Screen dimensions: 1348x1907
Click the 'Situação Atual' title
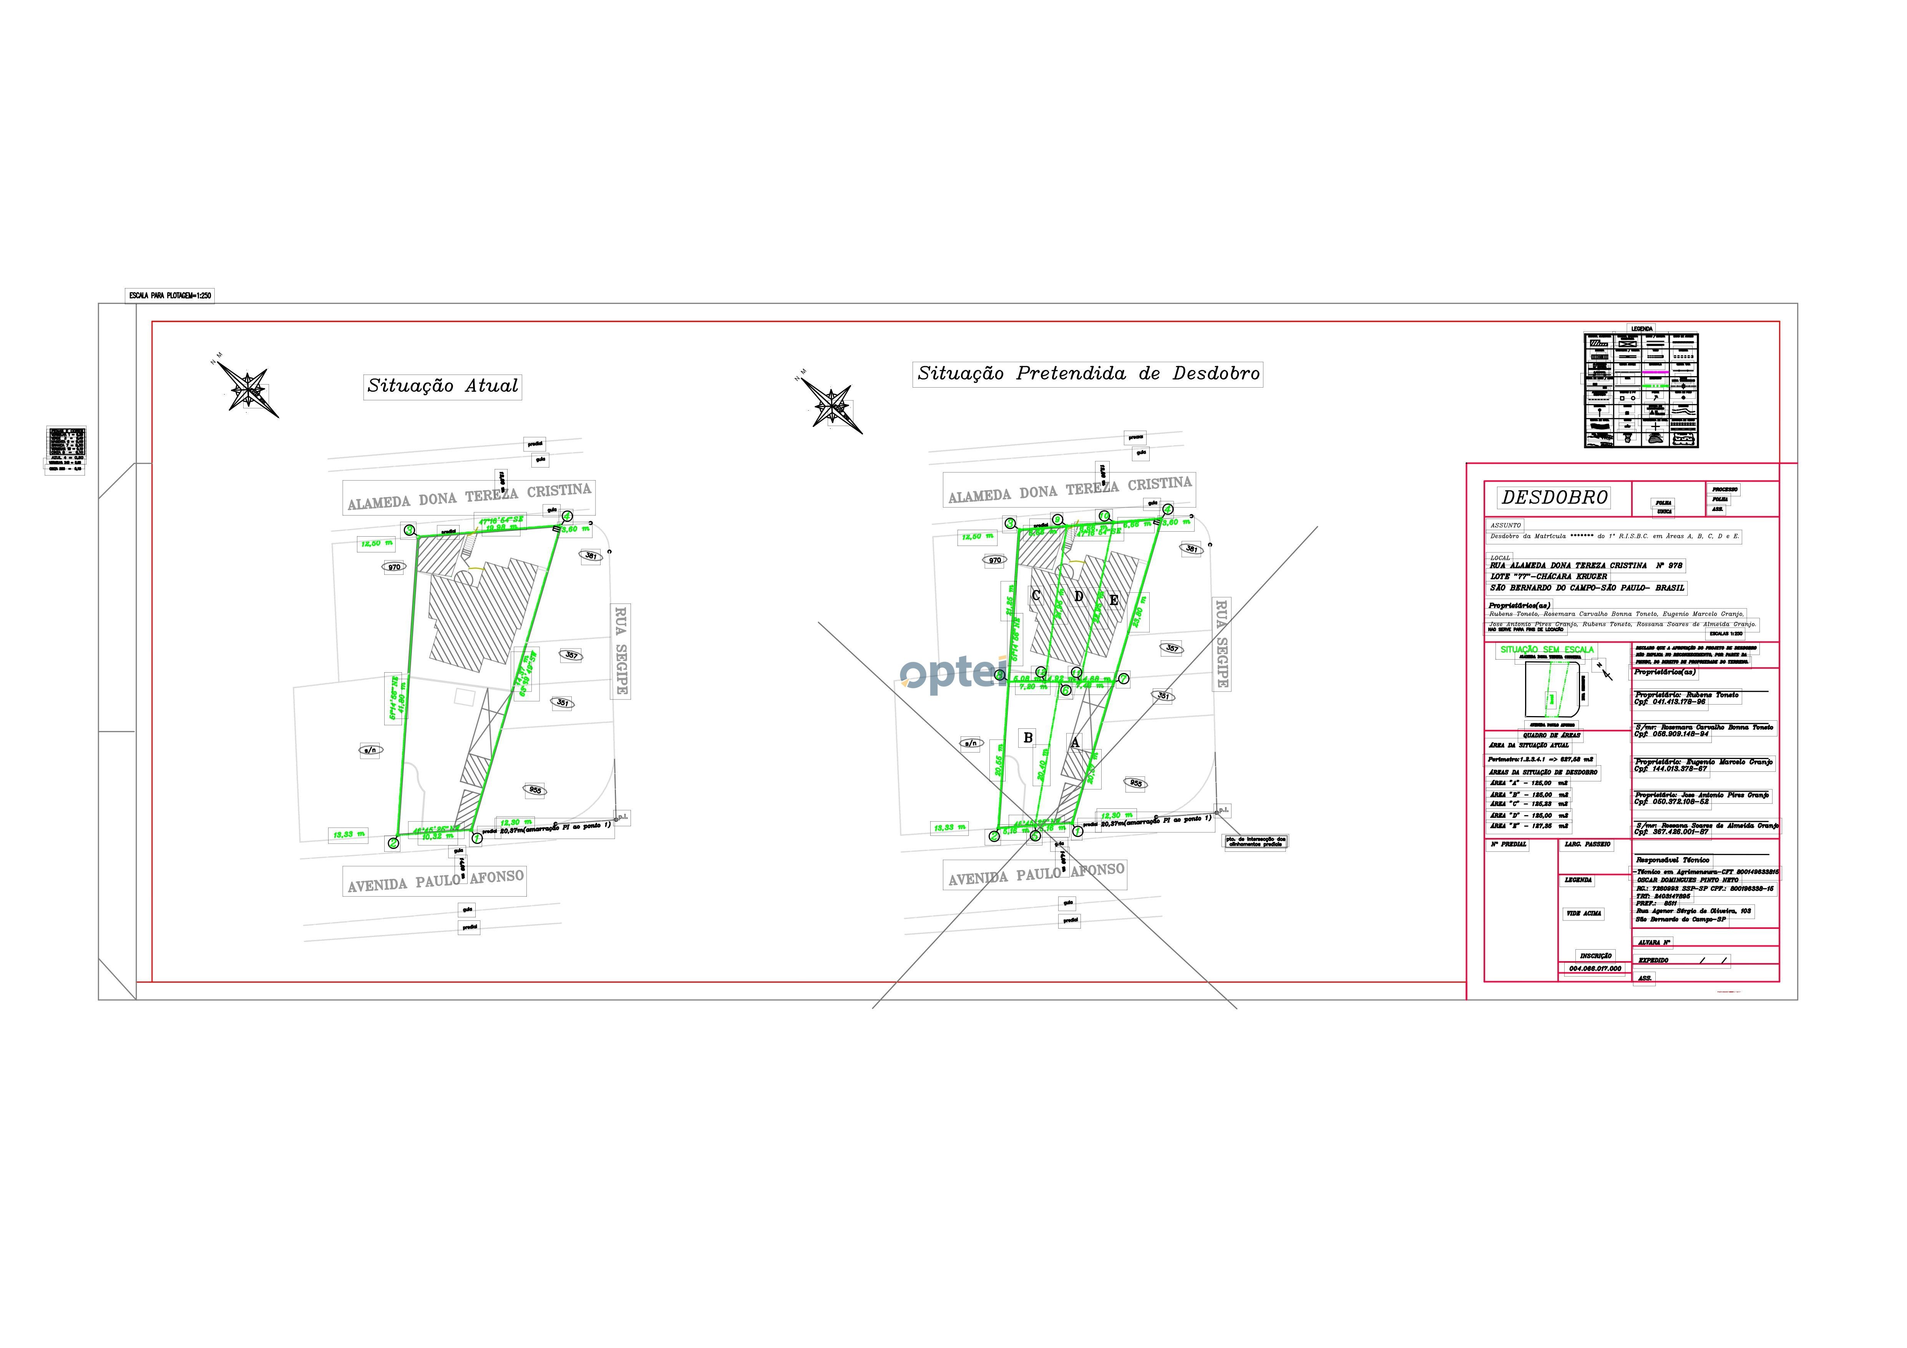[443, 386]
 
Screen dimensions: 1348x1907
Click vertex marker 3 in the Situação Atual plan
[409, 530]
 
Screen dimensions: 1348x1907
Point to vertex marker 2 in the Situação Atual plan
[393, 843]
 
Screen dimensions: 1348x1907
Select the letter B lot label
[1028, 738]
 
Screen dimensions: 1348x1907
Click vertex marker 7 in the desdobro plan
[1124, 678]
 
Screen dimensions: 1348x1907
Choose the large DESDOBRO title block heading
[1554, 497]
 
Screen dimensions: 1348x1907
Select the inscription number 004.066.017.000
[1595, 968]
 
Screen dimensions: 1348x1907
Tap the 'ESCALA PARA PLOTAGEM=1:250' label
[169, 296]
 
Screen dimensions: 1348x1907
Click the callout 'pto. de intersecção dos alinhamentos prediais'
[1256, 841]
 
